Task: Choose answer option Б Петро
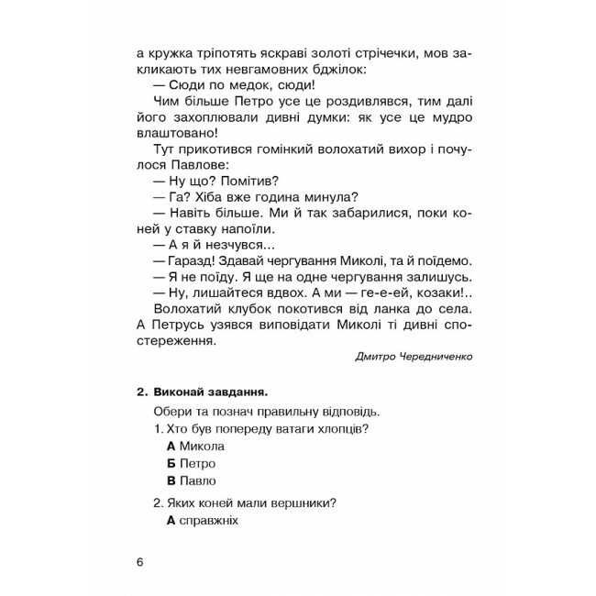point(192,463)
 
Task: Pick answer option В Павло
point(192,480)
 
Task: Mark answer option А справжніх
point(203,520)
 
